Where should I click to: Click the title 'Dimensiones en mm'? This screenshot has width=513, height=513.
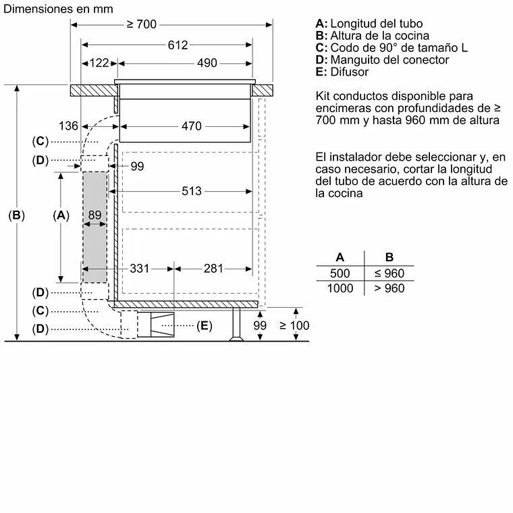[x=58, y=9]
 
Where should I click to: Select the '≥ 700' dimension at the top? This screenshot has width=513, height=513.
[x=141, y=24]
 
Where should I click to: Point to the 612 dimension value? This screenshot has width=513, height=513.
[x=178, y=45]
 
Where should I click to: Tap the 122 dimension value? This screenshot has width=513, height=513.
[x=99, y=63]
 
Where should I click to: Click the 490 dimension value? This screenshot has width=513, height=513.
[x=207, y=63]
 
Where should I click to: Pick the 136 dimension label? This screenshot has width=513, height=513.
[x=69, y=126]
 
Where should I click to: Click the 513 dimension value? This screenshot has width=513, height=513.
[x=191, y=191]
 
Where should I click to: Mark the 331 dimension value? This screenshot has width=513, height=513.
[x=139, y=269]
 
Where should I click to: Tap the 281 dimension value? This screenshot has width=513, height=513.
[x=213, y=269]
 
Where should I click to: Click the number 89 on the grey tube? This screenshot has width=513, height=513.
[x=95, y=215]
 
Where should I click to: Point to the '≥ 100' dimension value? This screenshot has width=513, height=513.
[x=294, y=325]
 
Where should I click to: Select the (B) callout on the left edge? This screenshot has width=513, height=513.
[x=17, y=215]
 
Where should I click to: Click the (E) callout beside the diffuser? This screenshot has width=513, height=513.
[x=204, y=326]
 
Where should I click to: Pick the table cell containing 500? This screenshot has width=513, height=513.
[x=340, y=274]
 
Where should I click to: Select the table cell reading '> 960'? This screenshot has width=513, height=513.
[x=389, y=289]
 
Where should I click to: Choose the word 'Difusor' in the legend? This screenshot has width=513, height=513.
[x=350, y=72]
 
